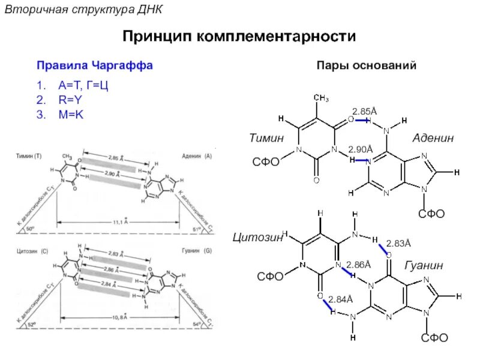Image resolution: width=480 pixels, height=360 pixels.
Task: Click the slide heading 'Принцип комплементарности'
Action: (239, 37)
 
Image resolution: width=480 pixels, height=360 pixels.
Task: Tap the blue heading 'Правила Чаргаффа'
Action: (95, 65)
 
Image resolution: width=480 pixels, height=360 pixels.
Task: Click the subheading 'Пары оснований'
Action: (366, 65)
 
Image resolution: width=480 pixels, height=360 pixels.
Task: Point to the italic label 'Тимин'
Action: (266, 139)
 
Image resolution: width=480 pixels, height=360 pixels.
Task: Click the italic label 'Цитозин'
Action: (257, 238)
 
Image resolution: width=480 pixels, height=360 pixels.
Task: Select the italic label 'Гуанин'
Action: (424, 265)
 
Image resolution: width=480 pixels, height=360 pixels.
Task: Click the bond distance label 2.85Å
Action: (364, 112)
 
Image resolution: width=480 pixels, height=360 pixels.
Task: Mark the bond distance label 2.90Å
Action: (361, 149)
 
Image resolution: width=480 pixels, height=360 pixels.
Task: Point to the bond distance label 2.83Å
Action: (398, 244)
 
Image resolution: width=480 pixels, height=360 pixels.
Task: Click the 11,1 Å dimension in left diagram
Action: (119, 221)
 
